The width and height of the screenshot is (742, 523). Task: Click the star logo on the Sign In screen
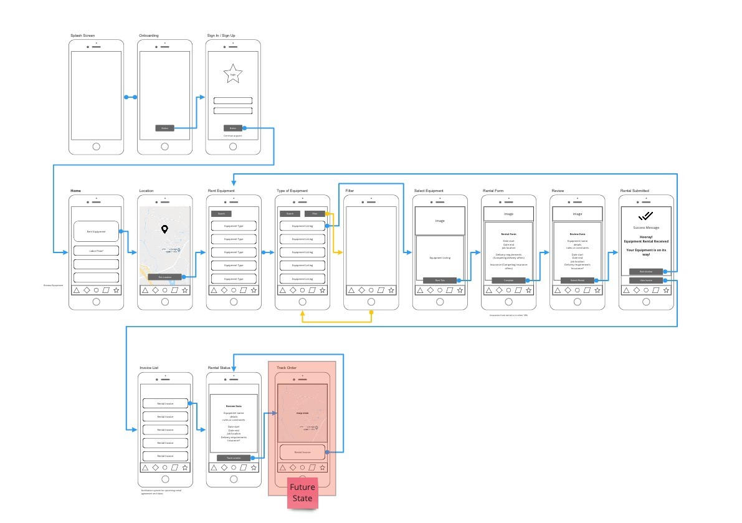pyautogui.click(x=233, y=74)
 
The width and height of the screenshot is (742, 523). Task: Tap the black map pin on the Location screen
pyautogui.click(x=164, y=229)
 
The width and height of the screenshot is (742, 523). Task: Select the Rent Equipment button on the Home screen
pyautogui.click(x=96, y=231)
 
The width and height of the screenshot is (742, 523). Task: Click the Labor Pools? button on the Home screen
pyautogui.click(x=96, y=251)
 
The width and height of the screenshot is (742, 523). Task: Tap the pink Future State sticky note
pyautogui.click(x=302, y=492)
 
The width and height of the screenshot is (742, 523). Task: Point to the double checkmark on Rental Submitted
pyautogui.click(x=645, y=216)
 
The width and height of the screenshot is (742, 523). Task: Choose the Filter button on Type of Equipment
pyautogui.click(x=315, y=214)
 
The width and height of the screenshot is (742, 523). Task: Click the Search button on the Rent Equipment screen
pyautogui.click(x=221, y=214)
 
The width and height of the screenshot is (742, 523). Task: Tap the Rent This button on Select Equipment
pyautogui.click(x=439, y=281)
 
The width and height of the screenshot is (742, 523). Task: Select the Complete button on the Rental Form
pyautogui.click(x=508, y=281)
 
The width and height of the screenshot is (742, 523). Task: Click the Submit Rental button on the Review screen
pyautogui.click(x=577, y=281)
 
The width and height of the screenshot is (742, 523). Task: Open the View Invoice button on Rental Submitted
pyautogui.click(x=645, y=281)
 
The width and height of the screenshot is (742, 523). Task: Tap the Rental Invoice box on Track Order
pyautogui.click(x=302, y=452)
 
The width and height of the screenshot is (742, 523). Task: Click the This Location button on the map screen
pyautogui.click(x=164, y=277)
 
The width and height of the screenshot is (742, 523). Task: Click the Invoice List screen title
pyautogui.click(x=149, y=368)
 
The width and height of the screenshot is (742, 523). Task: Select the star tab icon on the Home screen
pyautogui.click(x=116, y=290)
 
